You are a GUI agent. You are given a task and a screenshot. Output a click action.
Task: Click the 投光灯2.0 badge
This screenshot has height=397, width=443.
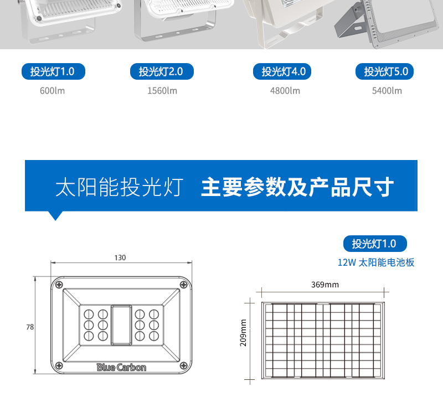(162, 71)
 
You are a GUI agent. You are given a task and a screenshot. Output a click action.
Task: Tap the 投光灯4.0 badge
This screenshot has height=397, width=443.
(282, 71)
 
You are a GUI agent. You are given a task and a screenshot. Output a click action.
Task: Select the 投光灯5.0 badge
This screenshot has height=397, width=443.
(384, 71)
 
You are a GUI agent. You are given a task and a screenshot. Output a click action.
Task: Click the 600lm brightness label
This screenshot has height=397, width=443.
(52, 91)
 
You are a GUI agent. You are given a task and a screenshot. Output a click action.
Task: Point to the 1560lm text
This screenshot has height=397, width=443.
(162, 91)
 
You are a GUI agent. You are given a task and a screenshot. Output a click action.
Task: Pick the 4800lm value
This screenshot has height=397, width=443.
(285, 91)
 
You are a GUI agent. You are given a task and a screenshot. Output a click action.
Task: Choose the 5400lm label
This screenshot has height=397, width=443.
(387, 91)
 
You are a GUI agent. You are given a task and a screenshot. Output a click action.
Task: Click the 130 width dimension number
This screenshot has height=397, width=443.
(120, 257)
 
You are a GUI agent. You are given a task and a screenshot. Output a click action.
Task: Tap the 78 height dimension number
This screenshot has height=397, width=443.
(30, 327)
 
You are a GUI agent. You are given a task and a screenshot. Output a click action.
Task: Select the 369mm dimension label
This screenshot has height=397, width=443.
(325, 285)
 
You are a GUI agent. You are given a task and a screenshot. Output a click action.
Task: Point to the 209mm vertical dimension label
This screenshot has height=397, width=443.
(243, 333)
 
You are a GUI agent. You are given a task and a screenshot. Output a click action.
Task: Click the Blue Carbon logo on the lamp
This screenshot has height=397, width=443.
(121, 367)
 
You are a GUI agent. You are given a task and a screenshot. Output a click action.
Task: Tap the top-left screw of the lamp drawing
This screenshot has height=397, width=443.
(59, 284)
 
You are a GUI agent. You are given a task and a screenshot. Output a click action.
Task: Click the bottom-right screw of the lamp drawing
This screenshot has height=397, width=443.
(184, 365)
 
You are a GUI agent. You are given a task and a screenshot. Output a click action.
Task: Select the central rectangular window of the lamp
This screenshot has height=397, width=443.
(121, 325)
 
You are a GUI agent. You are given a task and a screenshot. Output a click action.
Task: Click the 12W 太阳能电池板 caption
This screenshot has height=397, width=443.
(376, 262)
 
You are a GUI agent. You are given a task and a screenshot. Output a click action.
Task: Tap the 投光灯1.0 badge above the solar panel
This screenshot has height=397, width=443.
(375, 244)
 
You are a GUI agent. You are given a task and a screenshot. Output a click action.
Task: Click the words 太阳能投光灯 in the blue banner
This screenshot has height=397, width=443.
(119, 187)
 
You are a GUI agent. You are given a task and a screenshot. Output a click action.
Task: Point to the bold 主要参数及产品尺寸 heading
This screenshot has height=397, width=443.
(297, 187)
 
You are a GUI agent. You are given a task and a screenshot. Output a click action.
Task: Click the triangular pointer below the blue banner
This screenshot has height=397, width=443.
(55, 215)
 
